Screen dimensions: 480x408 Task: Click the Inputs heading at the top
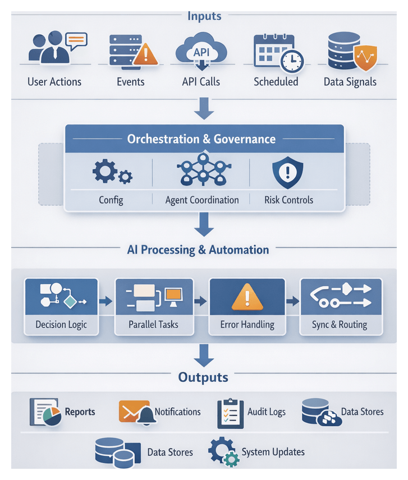pyautogui.click(x=204, y=16)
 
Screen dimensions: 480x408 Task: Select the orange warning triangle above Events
pyautogui.click(x=143, y=55)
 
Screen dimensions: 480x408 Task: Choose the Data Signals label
pyautogui.click(x=350, y=82)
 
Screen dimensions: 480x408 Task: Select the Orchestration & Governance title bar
pyautogui.click(x=204, y=139)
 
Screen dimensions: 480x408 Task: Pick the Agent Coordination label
pyautogui.click(x=202, y=200)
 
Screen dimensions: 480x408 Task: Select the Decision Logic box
pyautogui.click(x=61, y=306)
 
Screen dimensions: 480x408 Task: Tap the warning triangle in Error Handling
pyautogui.click(x=247, y=297)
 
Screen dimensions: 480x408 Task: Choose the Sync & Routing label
pyautogui.click(x=340, y=325)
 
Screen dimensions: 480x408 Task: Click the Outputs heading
pyautogui.click(x=203, y=377)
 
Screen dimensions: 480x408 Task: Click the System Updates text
pyautogui.click(x=273, y=452)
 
